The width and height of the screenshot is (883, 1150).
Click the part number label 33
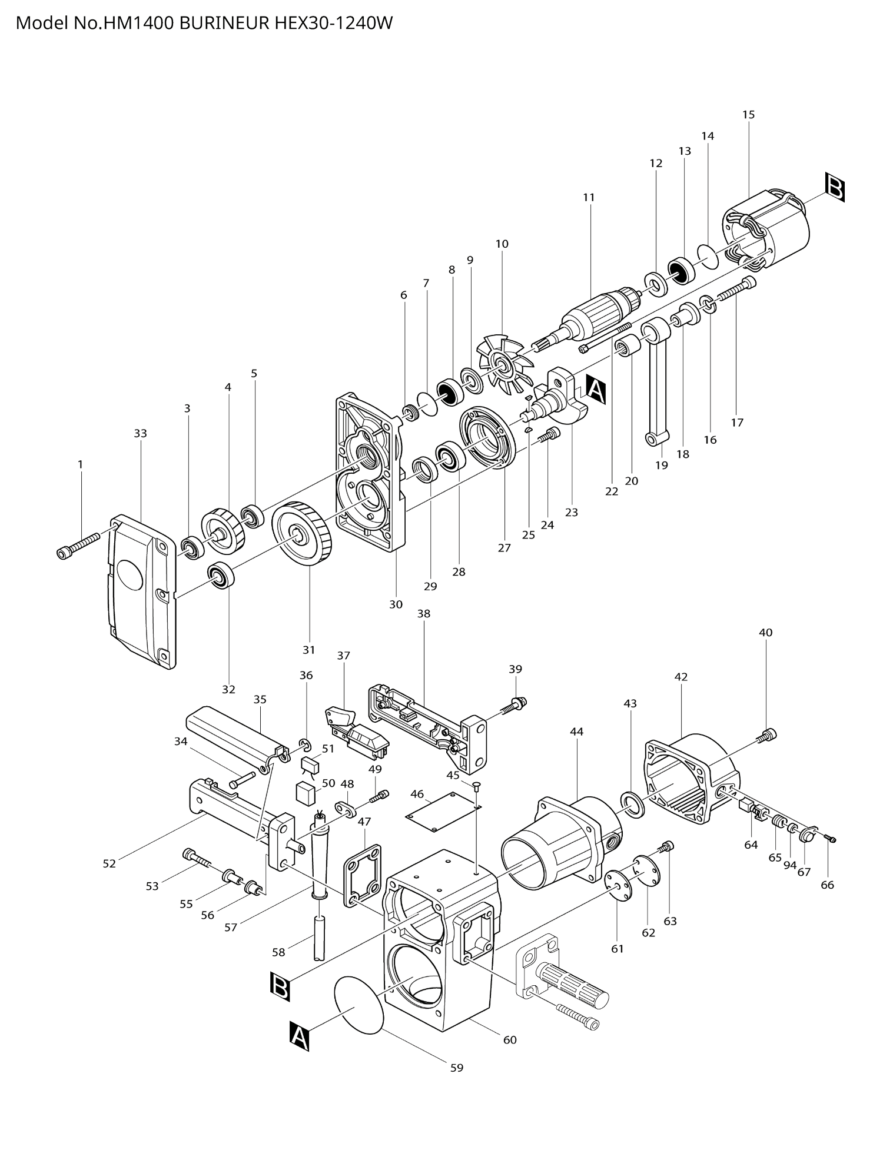(140, 434)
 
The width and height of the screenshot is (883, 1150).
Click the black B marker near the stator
(835, 188)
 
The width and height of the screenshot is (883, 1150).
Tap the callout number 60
(510, 1040)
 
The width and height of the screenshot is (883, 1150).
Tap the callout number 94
(790, 865)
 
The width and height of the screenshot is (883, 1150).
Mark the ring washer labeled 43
(632, 804)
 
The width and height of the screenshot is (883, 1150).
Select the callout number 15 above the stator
(748, 115)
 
